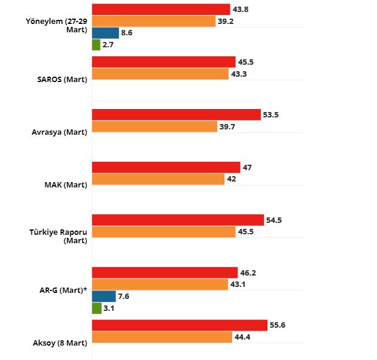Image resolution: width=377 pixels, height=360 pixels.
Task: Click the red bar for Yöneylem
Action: pos(161,9)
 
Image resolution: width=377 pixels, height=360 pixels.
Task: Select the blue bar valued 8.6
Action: pos(105,33)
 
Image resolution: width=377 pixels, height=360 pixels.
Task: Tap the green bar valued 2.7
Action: pos(96,44)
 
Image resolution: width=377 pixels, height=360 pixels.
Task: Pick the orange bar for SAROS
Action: pos(160,74)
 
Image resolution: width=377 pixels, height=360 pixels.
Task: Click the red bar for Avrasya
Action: pos(177,114)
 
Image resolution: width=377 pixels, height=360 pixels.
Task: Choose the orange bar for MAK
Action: pos(158,179)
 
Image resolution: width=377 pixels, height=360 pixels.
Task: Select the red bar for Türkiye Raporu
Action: pos(178,220)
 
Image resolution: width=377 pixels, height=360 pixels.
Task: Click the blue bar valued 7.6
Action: pos(104,296)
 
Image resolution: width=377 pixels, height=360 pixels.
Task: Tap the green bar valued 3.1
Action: pos(96,308)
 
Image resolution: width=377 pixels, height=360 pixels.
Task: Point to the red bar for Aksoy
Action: pos(180,325)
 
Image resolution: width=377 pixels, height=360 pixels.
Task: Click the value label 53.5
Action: pos(272,114)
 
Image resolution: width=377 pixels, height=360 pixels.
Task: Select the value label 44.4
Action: pos(242,337)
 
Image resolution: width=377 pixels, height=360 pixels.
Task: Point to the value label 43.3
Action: pos(239,74)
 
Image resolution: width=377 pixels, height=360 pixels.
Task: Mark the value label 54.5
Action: pos(274,220)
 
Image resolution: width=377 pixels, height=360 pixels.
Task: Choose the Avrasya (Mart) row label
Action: pos(59,132)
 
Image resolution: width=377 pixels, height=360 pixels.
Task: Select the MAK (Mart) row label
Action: pos(66,184)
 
